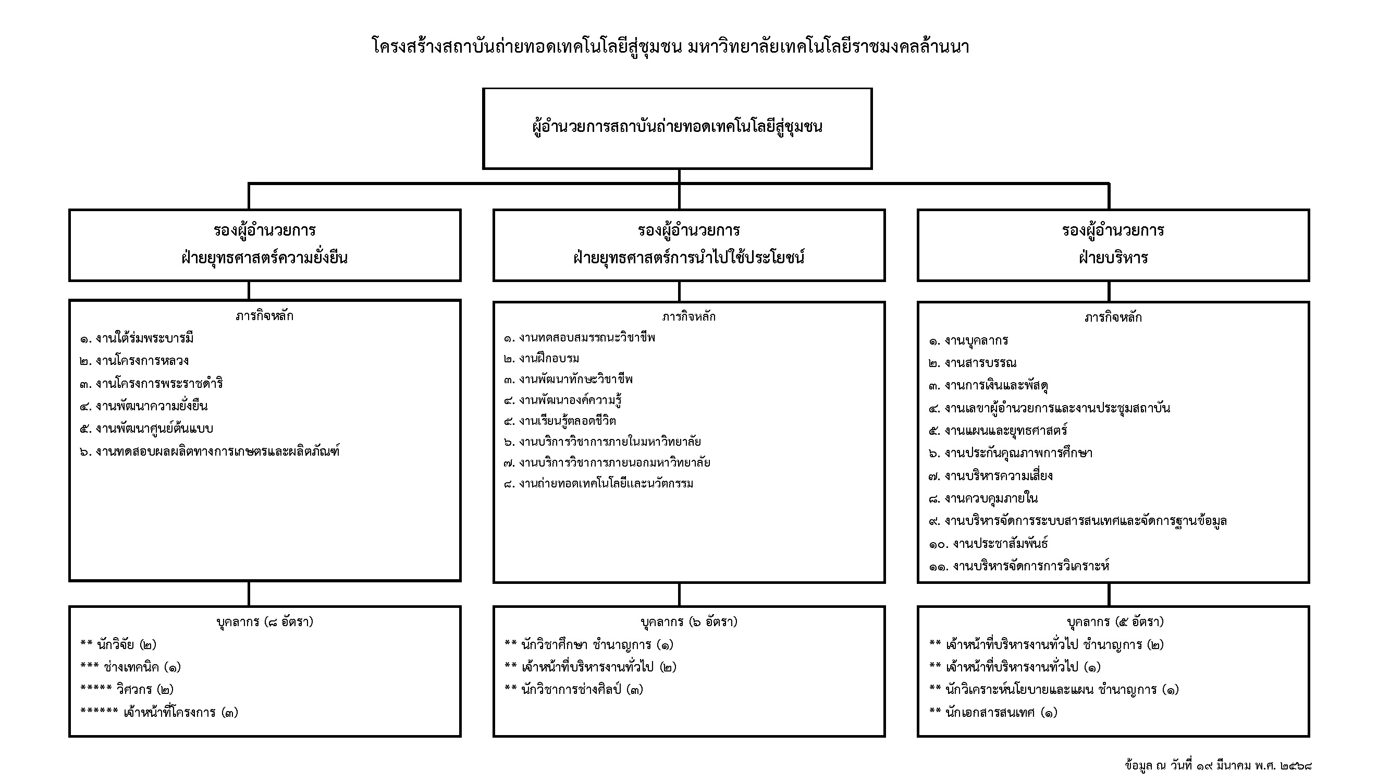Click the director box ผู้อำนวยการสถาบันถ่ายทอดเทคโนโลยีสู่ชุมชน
pos(677,128)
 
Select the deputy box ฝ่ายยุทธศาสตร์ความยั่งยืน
pos(265,245)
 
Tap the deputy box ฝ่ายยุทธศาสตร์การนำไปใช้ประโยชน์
pos(689,245)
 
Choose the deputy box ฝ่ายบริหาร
pos(1113,245)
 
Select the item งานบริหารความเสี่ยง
pos(991,476)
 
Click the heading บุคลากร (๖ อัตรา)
pos(689,622)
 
